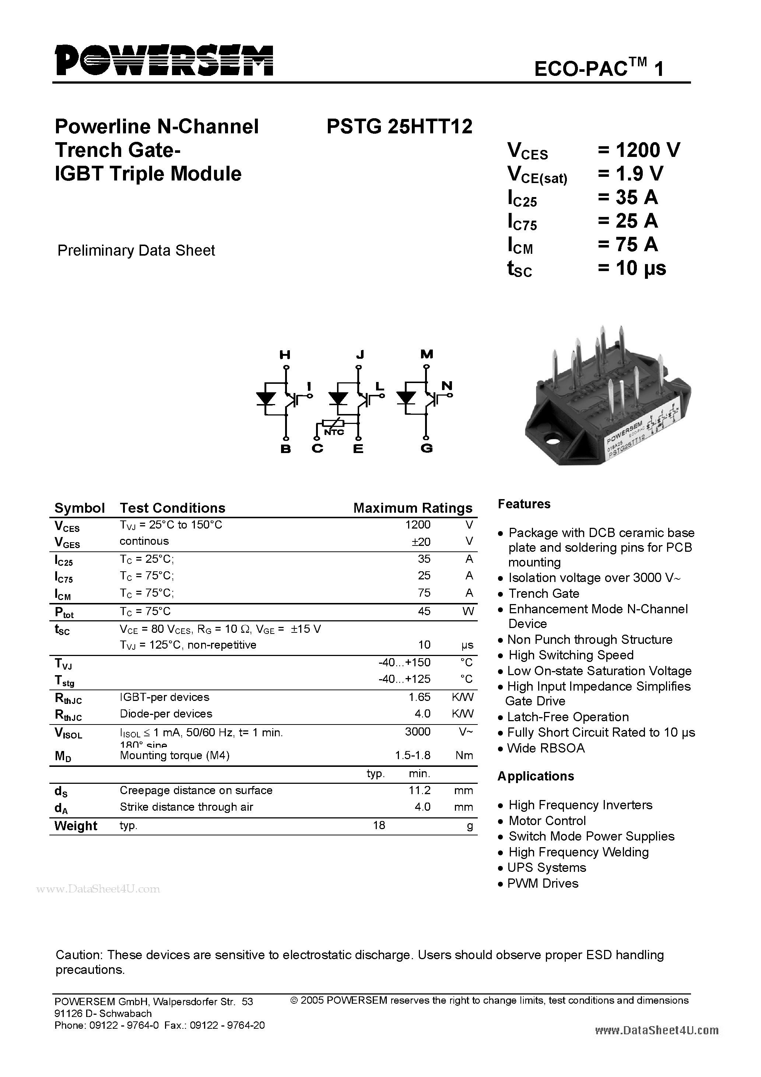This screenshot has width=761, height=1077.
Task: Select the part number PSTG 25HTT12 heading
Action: coord(399,127)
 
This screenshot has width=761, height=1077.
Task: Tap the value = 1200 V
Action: coord(639,150)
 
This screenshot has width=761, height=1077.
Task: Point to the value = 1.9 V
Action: coord(630,173)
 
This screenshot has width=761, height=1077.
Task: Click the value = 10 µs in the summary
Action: coord(631,268)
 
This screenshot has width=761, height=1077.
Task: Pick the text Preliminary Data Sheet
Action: coord(136,250)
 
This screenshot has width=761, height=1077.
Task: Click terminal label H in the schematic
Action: coord(285,355)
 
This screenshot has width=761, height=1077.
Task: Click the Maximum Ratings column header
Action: coord(413,508)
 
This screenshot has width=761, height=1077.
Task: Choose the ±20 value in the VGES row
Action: coord(421,542)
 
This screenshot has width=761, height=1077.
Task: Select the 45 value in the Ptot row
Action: coord(424,611)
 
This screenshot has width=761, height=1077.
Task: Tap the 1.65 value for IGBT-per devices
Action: coord(420,697)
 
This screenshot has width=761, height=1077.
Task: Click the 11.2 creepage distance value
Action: coord(420,790)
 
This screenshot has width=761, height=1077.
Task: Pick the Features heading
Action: coord(524,504)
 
